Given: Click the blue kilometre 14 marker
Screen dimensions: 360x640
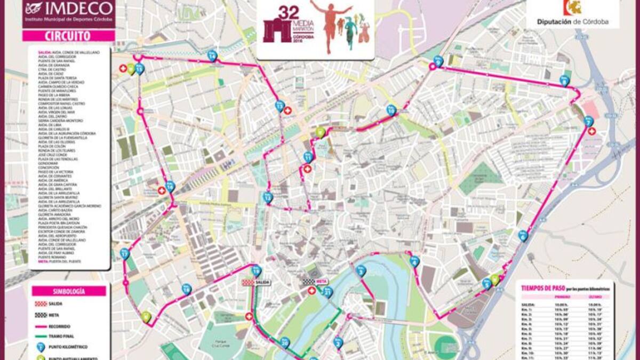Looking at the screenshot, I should [x=212, y=55].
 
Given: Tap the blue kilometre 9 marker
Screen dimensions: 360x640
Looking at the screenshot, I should [x=438, y=61].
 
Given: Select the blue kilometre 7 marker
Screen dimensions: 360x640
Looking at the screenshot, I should [x=588, y=122].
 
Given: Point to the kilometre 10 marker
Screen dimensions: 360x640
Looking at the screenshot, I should [x=391, y=110].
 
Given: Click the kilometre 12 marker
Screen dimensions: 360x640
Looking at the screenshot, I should [x=268, y=197].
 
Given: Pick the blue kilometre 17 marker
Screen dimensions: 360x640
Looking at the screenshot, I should [x=125, y=253].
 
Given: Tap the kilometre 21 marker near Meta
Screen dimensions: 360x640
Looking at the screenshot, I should [x=327, y=291].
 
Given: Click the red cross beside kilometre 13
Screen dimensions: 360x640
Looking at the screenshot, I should [x=288, y=110].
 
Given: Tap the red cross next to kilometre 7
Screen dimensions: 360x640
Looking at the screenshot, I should [x=591, y=131].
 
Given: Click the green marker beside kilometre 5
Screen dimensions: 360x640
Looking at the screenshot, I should [x=495, y=279].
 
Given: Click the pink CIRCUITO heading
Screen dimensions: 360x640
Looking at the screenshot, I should [x=68, y=36].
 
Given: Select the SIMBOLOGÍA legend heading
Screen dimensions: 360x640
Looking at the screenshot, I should [x=68, y=291].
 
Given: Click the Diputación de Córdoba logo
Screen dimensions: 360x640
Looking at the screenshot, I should [x=572, y=13].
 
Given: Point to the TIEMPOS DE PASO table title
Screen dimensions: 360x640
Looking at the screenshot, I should [x=544, y=287].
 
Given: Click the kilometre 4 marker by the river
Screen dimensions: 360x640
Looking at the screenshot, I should [x=415, y=261].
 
